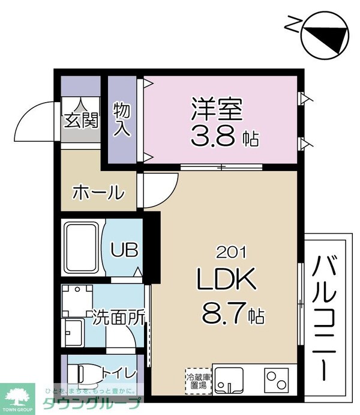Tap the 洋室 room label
217,110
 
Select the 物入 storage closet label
122,119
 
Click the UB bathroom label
125,249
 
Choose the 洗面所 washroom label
118,317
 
